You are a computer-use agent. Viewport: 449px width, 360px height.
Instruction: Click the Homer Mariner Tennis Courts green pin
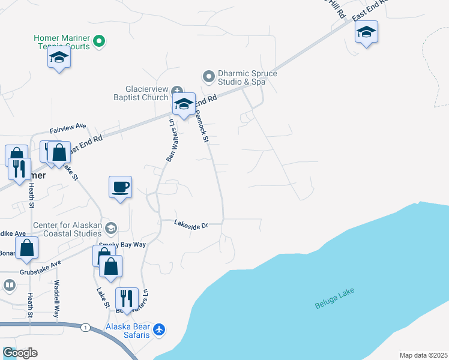tap(100, 41)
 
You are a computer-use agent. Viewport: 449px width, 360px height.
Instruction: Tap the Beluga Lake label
tap(334, 299)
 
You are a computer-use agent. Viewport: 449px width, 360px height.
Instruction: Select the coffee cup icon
tap(120, 187)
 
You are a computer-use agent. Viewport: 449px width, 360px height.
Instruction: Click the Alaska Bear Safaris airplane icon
tap(158, 329)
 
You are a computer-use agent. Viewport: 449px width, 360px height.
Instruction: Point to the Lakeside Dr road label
tap(191, 224)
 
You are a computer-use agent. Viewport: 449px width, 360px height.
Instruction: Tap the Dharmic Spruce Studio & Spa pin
tap(208, 76)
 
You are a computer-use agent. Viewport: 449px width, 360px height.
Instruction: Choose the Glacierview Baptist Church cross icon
tap(178, 90)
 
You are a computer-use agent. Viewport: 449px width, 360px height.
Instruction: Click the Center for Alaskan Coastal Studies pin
tap(110, 227)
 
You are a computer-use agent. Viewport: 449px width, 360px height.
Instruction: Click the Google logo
tap(19, 353)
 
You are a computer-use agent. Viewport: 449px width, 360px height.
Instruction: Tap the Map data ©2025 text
tap(423, 355)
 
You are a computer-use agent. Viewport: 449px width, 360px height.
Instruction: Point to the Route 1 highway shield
tap(86, 327)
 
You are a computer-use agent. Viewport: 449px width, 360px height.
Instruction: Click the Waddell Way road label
tap(57, 298)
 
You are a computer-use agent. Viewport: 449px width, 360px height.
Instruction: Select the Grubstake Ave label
tap(40, 264)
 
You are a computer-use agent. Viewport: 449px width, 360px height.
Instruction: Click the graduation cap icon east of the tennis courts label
tap(59, 58)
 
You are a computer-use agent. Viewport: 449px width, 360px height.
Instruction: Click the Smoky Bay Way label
tap(126, 245)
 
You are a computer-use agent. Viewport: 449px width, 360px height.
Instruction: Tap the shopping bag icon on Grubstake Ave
tap(27, 248)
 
